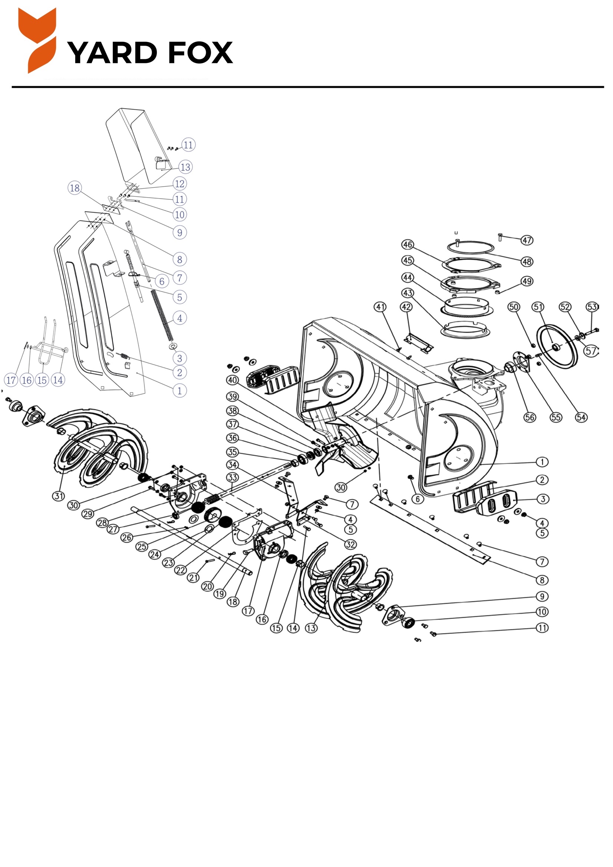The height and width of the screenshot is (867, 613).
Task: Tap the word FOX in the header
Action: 201,53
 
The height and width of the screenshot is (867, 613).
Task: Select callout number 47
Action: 527,240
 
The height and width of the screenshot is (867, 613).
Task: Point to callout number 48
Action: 527,261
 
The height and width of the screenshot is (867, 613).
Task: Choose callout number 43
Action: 408,293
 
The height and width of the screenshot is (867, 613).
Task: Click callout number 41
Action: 380,307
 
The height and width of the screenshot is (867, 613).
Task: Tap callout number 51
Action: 538,307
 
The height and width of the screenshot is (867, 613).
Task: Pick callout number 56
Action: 530,417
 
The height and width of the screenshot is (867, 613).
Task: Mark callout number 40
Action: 232,380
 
